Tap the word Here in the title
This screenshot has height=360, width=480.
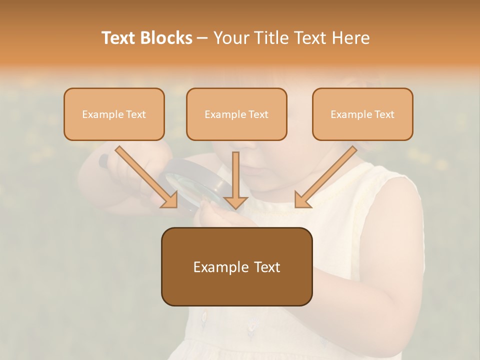[350, 38]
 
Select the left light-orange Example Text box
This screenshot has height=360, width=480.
[114, 114]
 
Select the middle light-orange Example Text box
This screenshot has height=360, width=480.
[236, 114]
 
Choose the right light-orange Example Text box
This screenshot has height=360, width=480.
[362, 114]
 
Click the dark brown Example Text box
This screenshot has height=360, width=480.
[236, 266]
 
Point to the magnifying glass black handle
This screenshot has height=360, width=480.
[103, 160]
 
